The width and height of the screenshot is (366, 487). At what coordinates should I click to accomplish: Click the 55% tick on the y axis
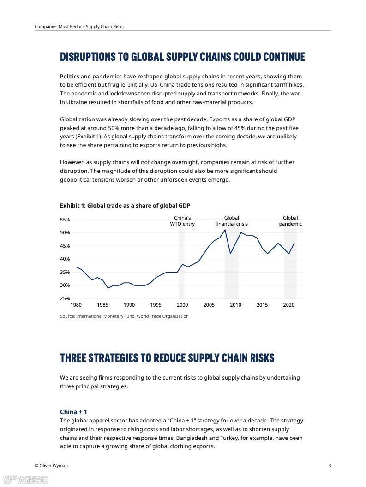click(x=65, y=220)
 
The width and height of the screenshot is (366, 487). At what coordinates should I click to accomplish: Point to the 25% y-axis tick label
click(x=65, y=298)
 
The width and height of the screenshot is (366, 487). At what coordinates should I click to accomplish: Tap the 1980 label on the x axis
click(x=76, y=305)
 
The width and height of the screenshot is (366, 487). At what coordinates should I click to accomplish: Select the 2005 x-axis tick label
click(x=209, y=305)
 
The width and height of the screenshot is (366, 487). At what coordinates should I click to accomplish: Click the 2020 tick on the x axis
click(x=288, y=305)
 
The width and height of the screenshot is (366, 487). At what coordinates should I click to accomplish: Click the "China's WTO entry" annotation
click(x=182, y=221)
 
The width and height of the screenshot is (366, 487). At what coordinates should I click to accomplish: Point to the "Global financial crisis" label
click(x=231, y=221)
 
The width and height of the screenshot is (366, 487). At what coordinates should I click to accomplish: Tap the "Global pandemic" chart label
click(x=290, y=221)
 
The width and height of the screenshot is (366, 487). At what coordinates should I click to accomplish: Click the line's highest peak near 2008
click(x=225, y=230)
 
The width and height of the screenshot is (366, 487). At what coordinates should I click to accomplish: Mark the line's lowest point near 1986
click(x=108, y=288)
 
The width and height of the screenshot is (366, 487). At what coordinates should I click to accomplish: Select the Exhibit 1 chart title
click(x=125, y=206)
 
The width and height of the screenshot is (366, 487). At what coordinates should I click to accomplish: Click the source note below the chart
click(x=124, y=316)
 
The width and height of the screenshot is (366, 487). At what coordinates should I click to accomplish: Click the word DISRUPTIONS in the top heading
click(x=87, y=57)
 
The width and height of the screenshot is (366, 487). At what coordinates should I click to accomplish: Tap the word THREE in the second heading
click(x=72, y=358)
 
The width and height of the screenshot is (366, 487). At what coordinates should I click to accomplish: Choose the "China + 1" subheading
click(x=73, y=412)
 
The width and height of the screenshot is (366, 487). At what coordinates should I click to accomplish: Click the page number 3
click(x=330, y=466)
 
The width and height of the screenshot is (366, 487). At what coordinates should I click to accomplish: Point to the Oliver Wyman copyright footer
click(x=51, y=466)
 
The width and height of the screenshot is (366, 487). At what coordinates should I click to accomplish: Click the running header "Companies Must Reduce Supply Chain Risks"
click(x=79, y=27)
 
